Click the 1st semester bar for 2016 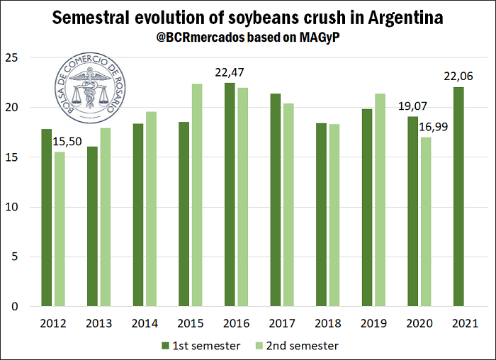229,195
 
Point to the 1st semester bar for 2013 91,226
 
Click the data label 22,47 230,72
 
